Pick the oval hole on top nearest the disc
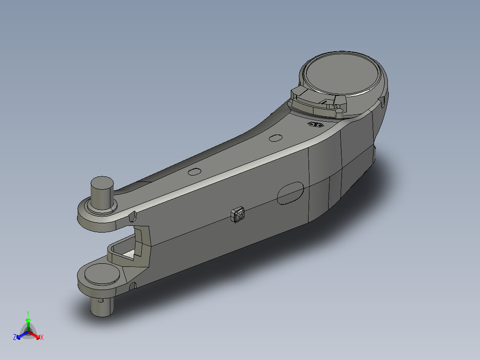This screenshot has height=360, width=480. point(276,138)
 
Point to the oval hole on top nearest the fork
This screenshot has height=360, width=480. point(195,172)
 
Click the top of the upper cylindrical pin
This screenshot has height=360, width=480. point(102,183)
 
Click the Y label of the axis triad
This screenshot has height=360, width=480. point(28,313)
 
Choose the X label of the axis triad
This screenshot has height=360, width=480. point(42,338)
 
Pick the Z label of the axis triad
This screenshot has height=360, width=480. point(15,337)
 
